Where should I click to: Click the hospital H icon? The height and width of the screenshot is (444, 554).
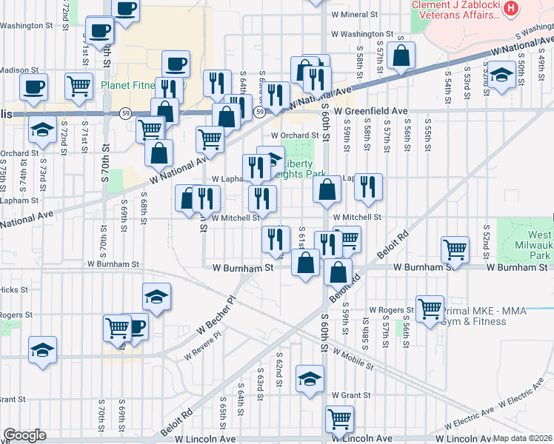click(x=510, y=9)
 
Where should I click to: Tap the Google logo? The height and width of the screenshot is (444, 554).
click(x=24, y=435)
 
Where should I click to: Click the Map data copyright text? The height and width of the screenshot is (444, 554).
click(x=523, y=438)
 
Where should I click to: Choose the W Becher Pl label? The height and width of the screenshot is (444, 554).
click(x=216, y=319)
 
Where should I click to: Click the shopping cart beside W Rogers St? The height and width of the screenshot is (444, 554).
click(x=430, y=308)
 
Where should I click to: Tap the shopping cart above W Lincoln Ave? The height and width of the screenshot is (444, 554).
click(x=339, y=419)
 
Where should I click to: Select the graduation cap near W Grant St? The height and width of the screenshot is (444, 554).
click(x=310, y=377)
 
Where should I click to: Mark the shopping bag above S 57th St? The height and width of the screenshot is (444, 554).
click(x=401, y=55)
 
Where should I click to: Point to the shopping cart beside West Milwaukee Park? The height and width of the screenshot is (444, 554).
click(x=455, y=249)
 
